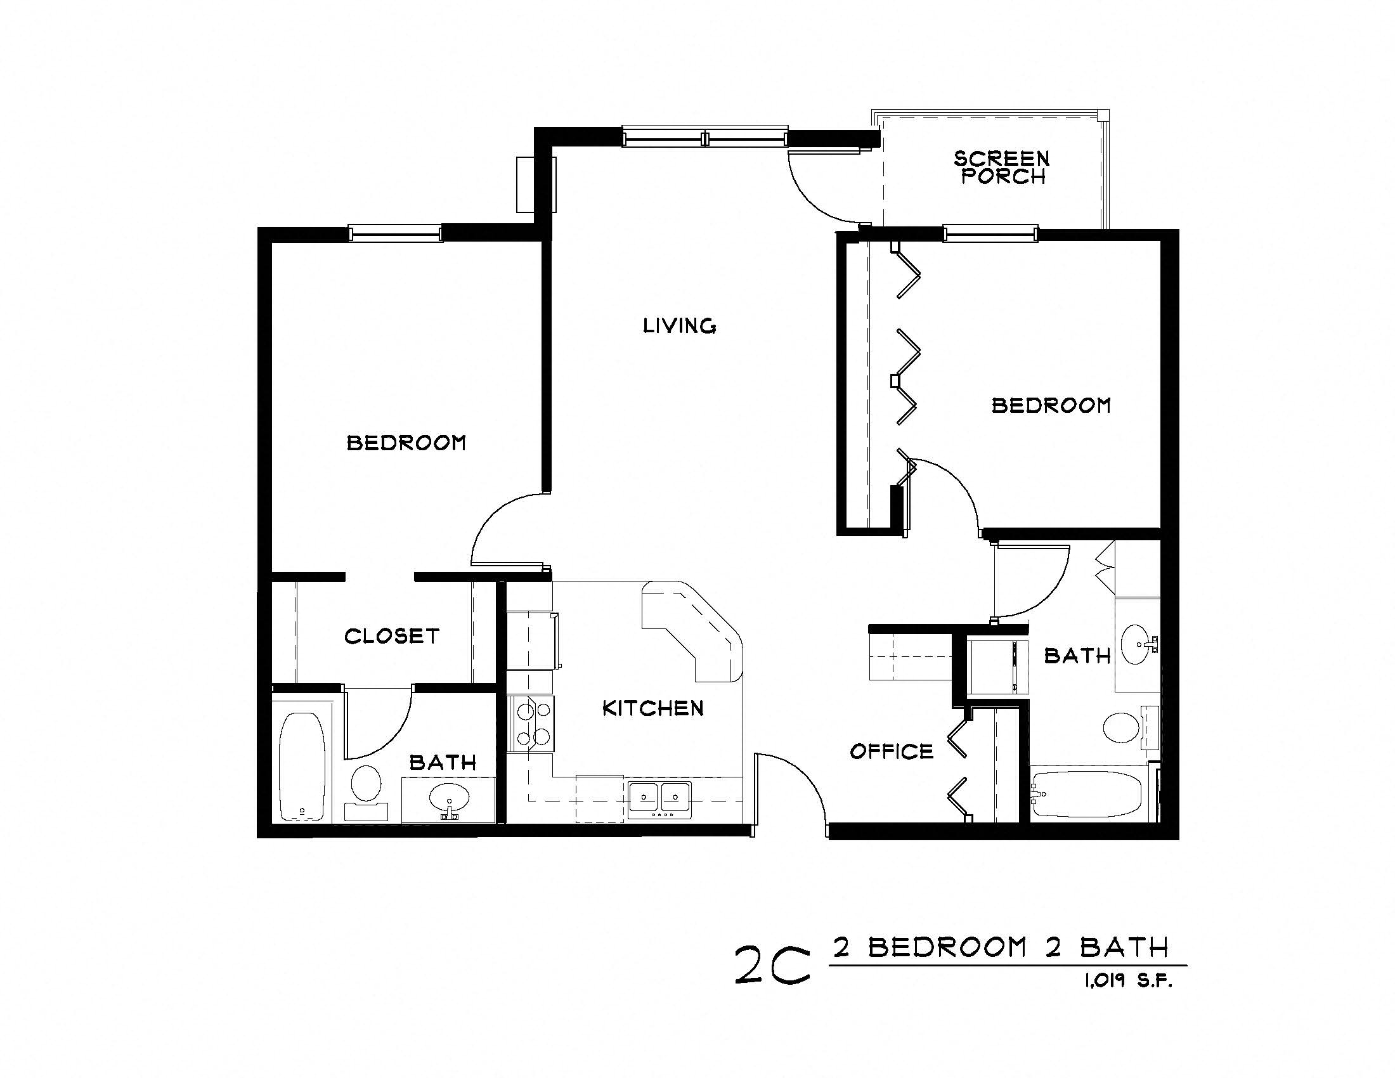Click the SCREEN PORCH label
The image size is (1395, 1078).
point(1001,167)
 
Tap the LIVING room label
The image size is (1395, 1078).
point(679,326)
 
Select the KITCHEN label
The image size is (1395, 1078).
point(652,708)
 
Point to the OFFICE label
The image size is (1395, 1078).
point(892,751)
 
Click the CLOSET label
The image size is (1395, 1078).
point(391,636)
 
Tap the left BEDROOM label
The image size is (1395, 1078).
point(406,443)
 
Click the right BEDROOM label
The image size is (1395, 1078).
point(1051,405)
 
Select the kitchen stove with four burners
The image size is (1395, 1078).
point(532,724)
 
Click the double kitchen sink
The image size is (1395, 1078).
point(659,798)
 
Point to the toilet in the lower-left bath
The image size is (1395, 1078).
point(366,786)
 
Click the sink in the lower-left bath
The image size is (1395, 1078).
point(448,798)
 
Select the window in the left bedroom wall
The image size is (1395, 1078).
point(396,233)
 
